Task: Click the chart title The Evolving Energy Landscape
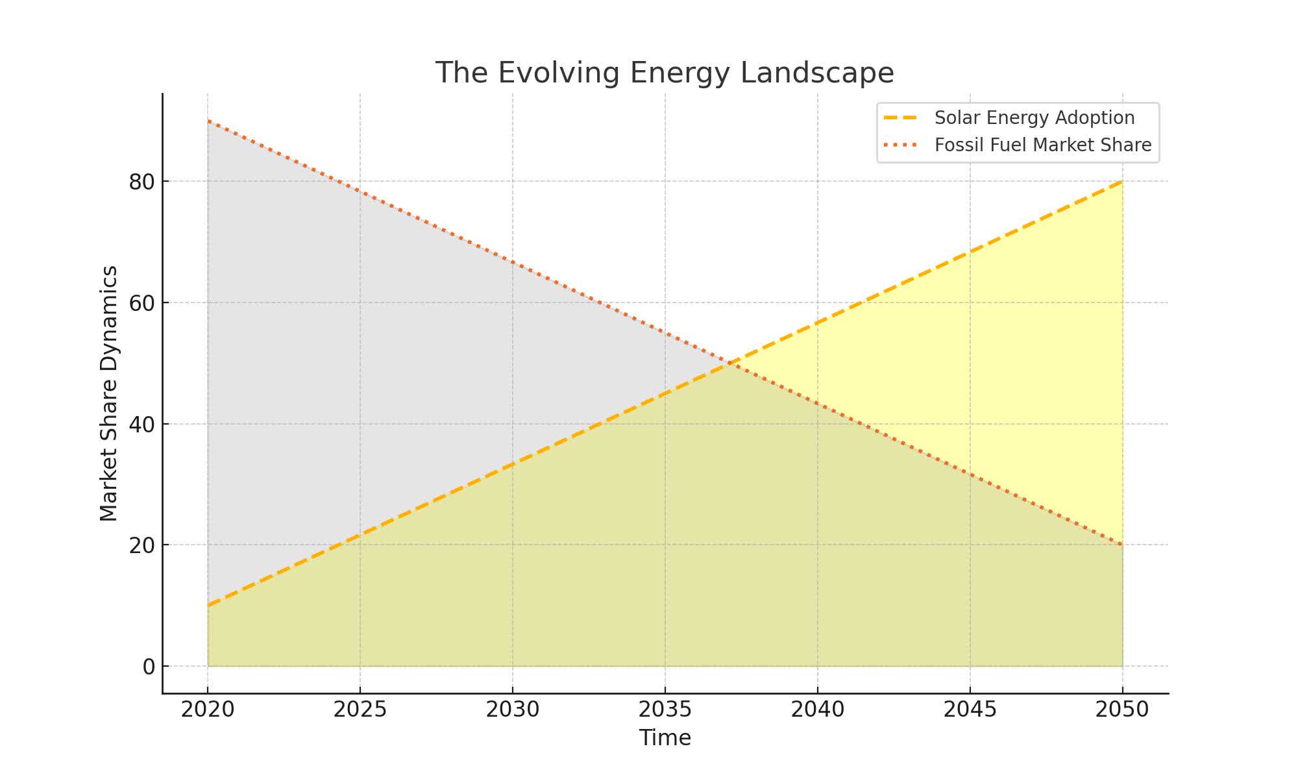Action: (665, 73)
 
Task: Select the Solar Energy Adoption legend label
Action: (1035, 118)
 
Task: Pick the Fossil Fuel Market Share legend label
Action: (1043, 145)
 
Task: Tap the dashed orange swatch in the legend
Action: (901, 118)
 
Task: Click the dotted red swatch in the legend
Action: (901, 145)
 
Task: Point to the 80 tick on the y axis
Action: (141, 182)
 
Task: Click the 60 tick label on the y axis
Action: (141, 303)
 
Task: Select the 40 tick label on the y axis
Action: (141, 424)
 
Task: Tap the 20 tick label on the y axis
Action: (141, 545)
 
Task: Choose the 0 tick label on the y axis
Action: (149, 667)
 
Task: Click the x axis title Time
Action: (665, 738)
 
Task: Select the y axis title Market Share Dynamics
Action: (109, 393)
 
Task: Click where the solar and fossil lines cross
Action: (730, 363)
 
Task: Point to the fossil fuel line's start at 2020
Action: (208, 121)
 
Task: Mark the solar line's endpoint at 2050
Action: (1122, 182)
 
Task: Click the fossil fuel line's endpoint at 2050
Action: (1122, 545)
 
